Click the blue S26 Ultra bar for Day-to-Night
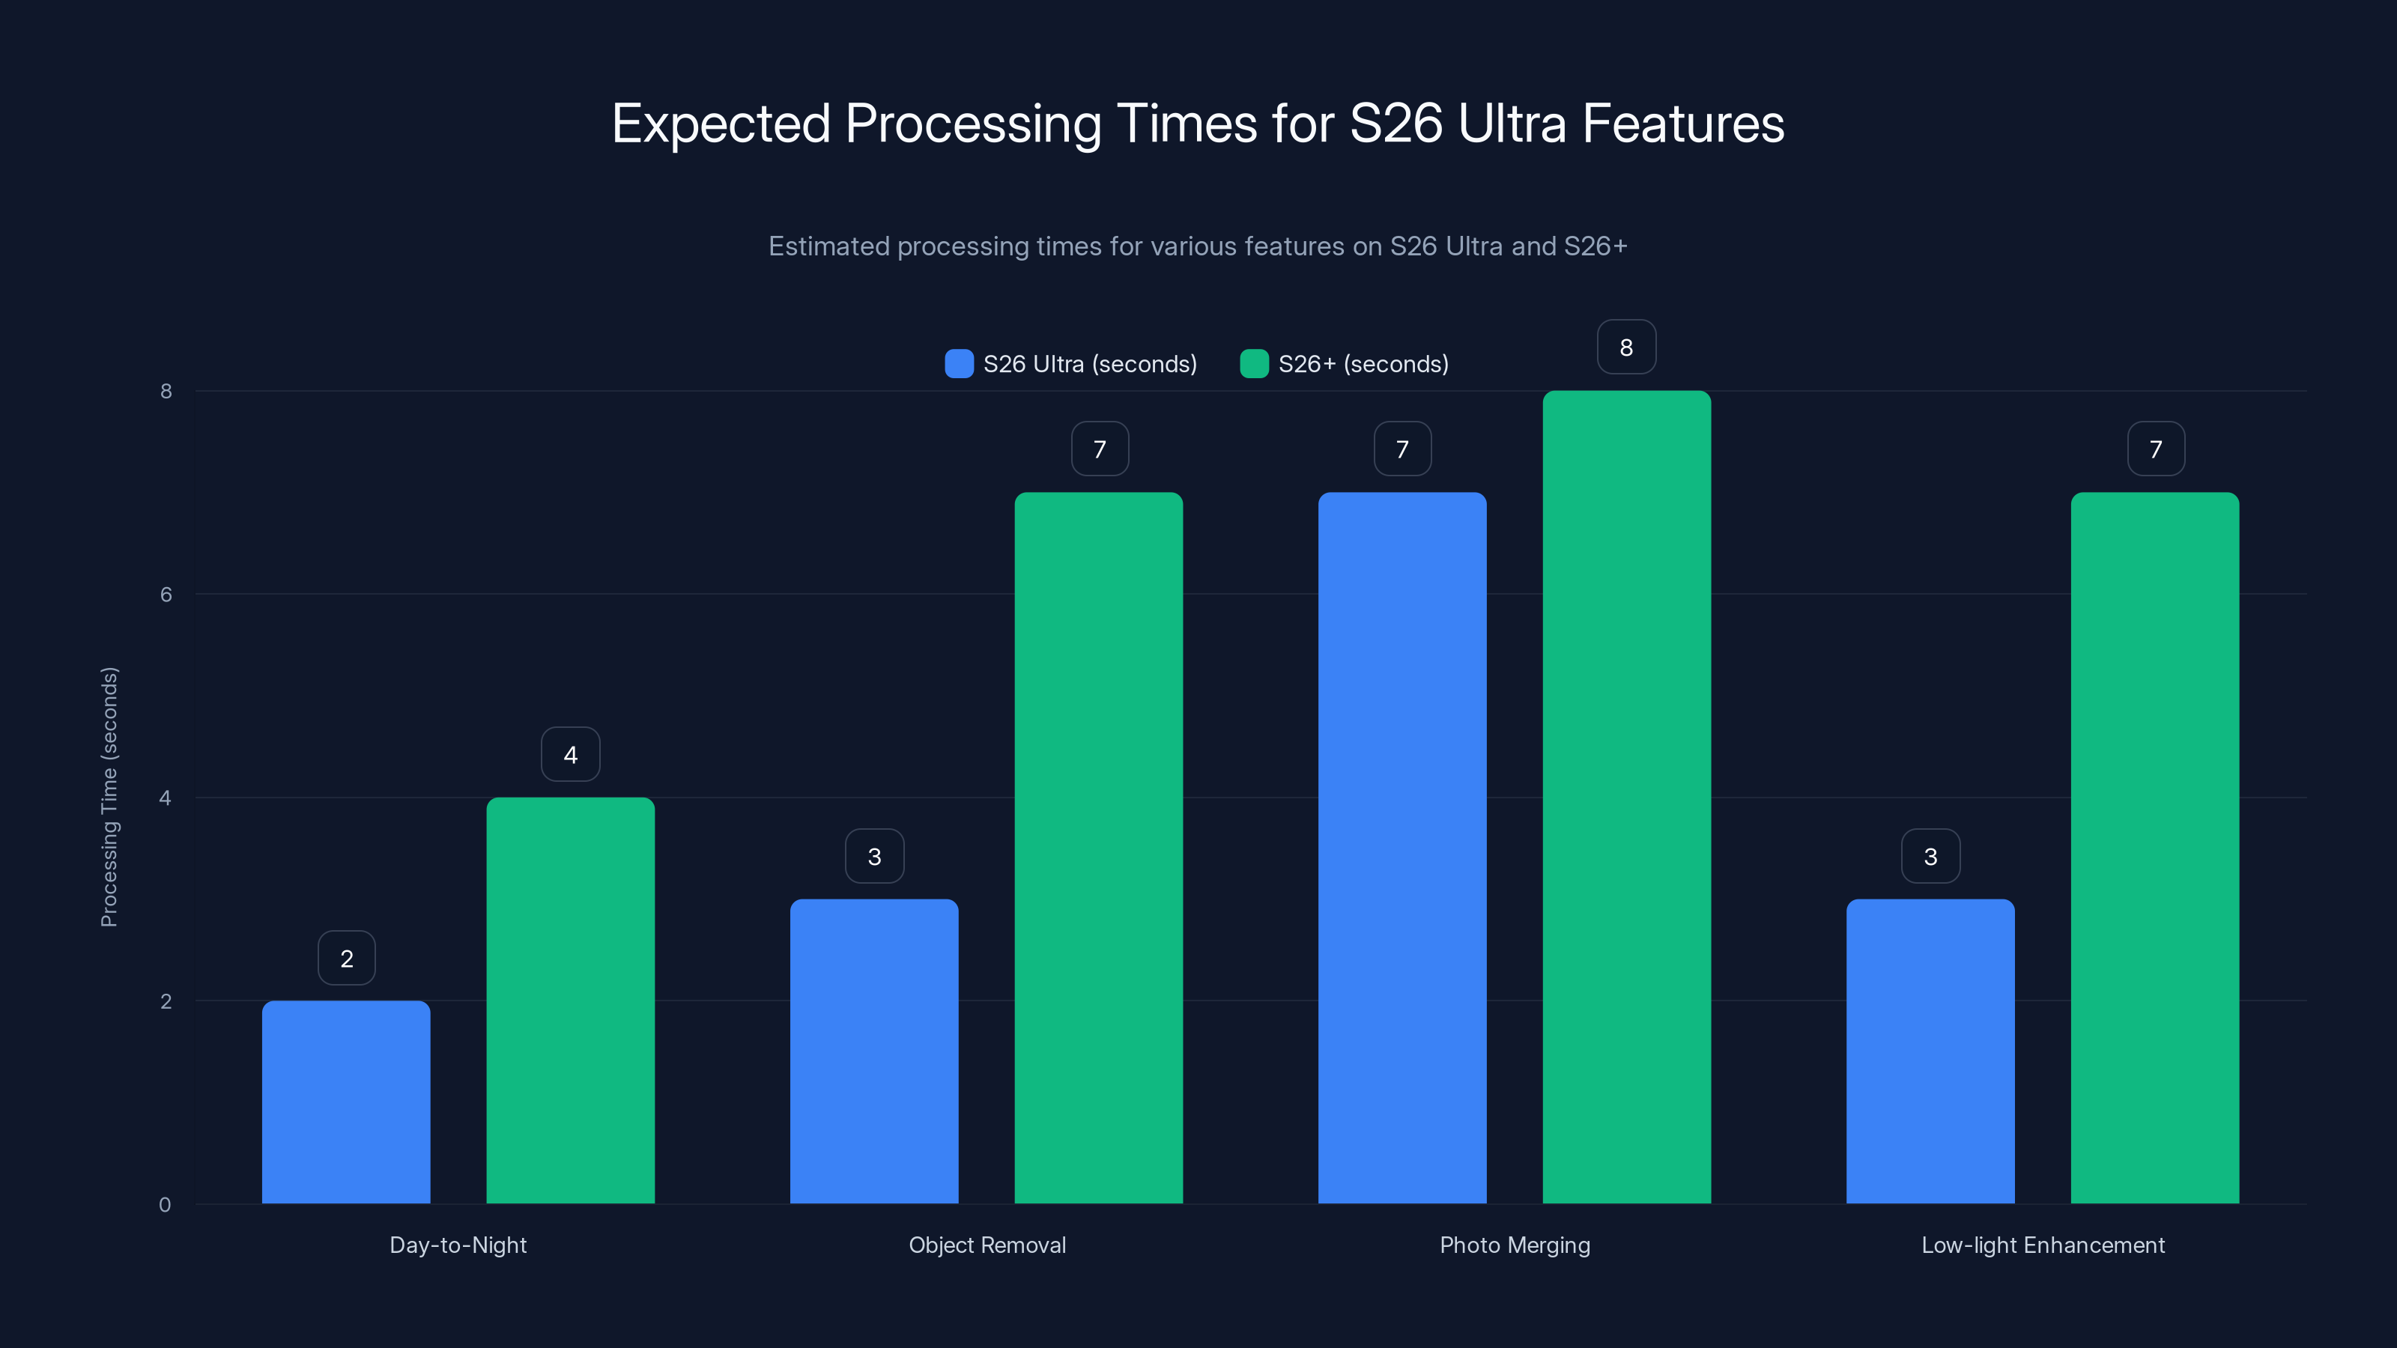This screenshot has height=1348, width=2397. [x=346, y=1102]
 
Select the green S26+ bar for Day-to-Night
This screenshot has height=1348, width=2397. [x=570, y=1000]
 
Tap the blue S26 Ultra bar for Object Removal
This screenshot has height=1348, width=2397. [x=873, y=1051]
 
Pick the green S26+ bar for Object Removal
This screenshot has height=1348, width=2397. [x=1098, y=848]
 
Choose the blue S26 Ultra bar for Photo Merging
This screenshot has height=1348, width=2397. [x=1402, y=848]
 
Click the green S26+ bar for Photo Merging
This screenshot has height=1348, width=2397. [x=1626, y=798]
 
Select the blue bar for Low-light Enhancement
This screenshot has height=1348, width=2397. [x=1930, y=1051]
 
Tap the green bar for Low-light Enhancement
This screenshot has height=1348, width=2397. [x=2155, y=848]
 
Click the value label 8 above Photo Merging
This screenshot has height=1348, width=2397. [x=1626, y=347]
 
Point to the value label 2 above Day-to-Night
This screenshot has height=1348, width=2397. [x=346, y=959]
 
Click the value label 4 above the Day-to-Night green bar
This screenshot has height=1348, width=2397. [x=570, y=754]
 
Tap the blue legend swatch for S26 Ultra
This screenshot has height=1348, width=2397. [x=959, y=364]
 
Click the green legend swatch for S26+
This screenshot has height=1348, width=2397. [x=1253, y=364]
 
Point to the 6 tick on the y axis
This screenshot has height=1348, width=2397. [x=166, y=595]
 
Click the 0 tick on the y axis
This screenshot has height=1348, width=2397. [x=165, y=1205]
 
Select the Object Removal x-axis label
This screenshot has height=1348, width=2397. [x=987, y=1245]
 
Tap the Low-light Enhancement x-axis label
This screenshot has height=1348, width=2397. [x=2043, y=1245]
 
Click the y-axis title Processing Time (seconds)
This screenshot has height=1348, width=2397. [x=109, y=798]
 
